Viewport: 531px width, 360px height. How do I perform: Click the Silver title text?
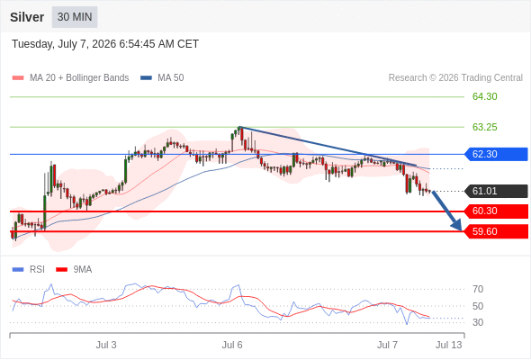pos(27,17)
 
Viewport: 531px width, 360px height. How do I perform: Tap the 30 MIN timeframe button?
pos(75,17)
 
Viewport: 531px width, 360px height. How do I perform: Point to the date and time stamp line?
pos(105,44)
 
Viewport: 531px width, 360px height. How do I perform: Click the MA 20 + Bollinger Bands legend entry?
pos(70,78)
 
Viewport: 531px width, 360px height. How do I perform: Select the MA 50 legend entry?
pos(162,78)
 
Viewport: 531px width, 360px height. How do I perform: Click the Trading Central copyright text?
pos(455,78)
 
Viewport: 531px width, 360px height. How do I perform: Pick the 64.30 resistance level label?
pos(484,96)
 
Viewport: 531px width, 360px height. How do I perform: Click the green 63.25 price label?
pos(484,127)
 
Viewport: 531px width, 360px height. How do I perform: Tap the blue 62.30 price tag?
pos(496,154)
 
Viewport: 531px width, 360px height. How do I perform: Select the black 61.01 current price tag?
pos(496,191)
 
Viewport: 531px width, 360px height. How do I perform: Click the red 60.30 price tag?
pos(496,211)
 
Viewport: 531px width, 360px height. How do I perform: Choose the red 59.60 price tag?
pos(496,231)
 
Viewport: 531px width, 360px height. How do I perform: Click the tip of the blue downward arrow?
pos(461,231)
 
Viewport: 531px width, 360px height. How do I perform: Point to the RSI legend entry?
pos(29,270)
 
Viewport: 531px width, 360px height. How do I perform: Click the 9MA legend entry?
pos(74,270)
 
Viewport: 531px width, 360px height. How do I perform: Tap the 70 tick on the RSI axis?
pos(478,289)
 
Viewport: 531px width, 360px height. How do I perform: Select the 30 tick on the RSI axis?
pos(478,322)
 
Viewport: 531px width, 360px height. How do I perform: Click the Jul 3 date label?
pos(106,345)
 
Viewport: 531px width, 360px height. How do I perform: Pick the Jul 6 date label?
pos(232,345)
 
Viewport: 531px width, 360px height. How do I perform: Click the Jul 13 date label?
pos(449,345)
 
